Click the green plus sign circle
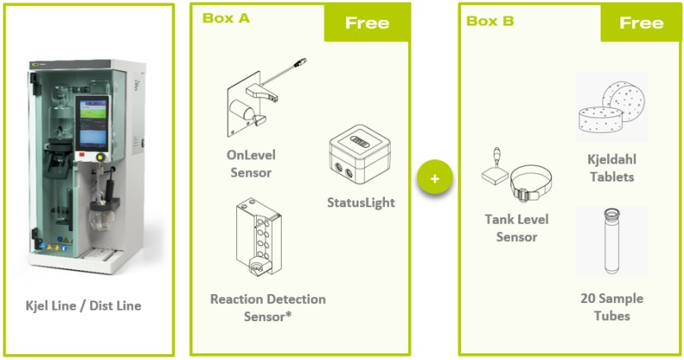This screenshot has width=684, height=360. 435,178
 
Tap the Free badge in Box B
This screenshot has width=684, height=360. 641,22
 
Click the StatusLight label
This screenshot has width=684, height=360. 361,201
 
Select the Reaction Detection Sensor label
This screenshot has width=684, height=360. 268,306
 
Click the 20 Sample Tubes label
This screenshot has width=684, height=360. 611,307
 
